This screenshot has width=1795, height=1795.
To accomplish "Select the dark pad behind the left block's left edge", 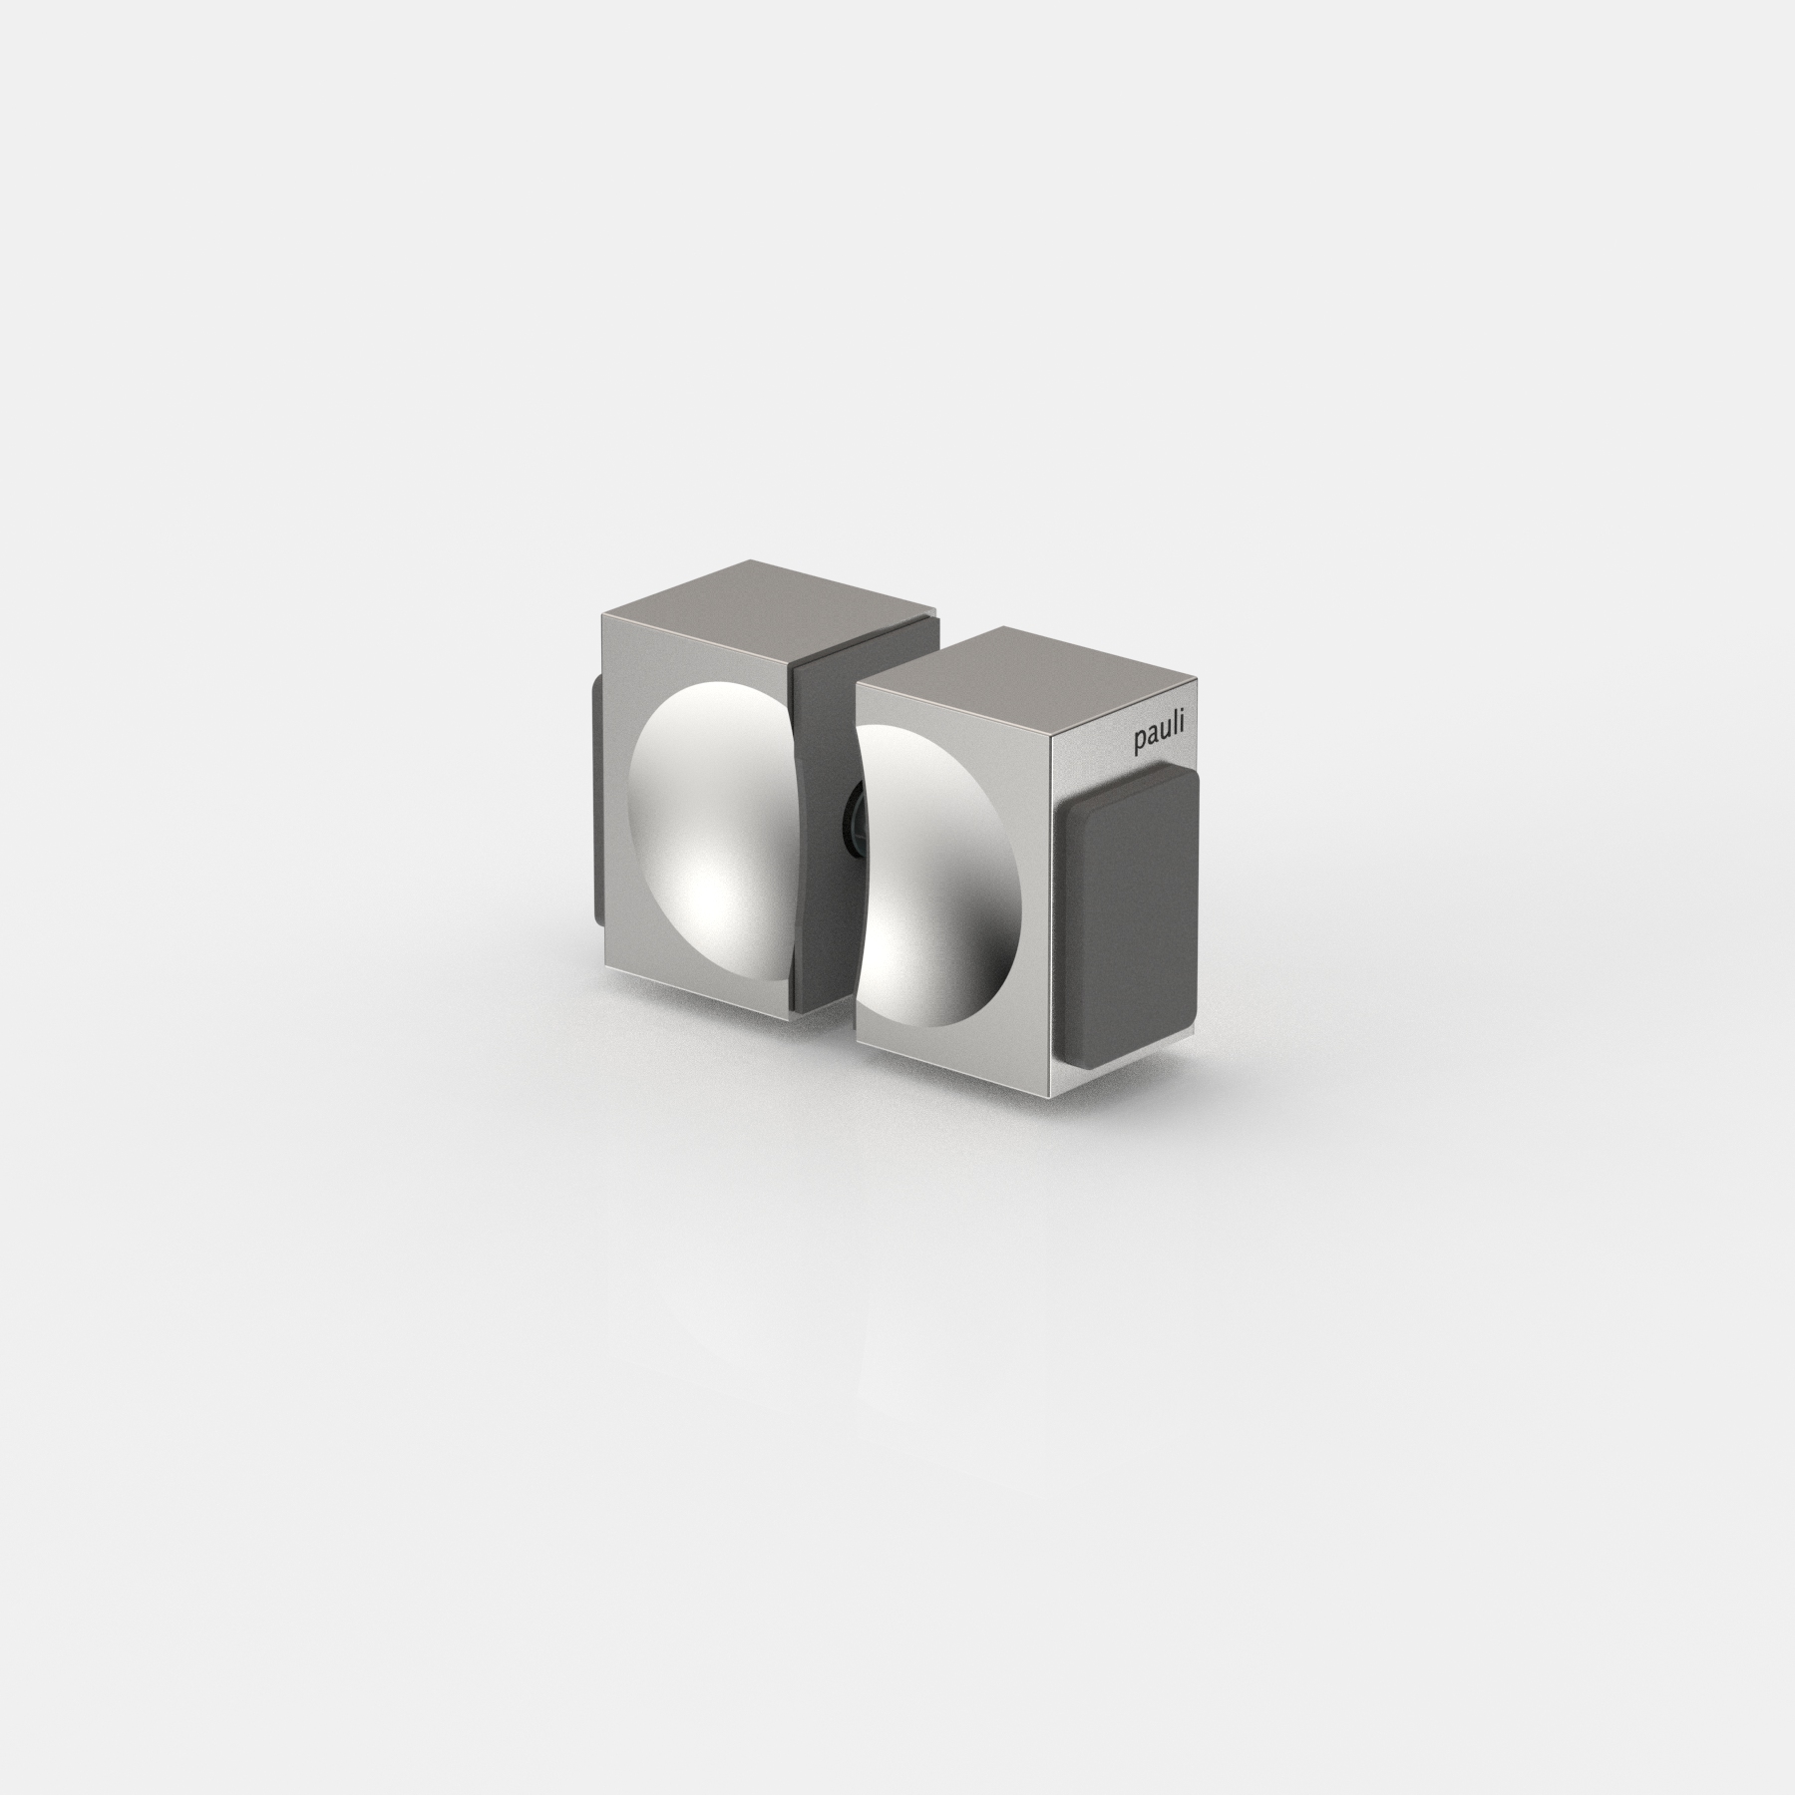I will coord(596,798).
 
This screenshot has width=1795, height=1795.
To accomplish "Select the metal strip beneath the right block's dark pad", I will coord(1127,1057).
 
